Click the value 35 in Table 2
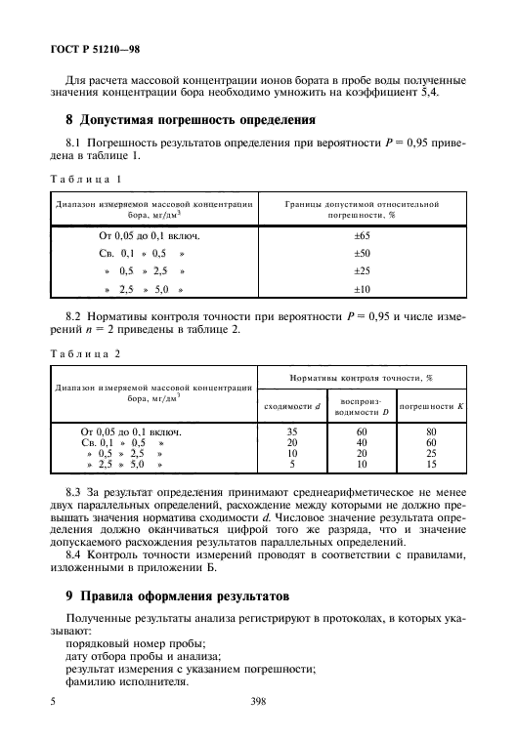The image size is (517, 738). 290,430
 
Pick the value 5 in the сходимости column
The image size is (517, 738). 290,465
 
